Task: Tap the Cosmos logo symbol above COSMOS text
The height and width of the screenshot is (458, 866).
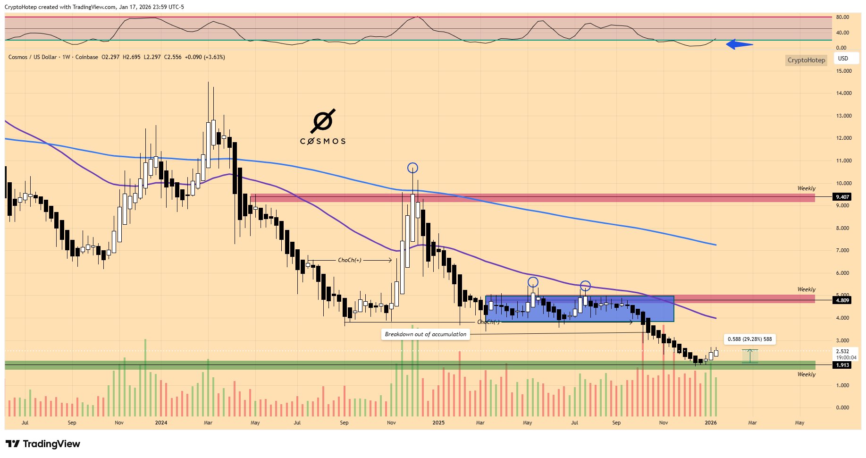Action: tap(323, 121)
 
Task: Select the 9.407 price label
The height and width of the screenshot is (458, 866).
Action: tap(842, 197)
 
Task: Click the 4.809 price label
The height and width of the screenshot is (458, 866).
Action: tap(842, 300)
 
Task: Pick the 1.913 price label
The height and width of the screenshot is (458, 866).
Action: tap(842, 365)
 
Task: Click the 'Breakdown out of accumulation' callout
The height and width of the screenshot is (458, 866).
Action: tap(425, 334)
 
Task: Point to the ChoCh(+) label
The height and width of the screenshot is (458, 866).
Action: tap(349, 260)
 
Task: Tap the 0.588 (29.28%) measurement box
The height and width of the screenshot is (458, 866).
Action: tap(749, 339)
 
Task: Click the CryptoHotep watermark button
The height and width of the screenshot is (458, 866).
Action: tap(806, 60)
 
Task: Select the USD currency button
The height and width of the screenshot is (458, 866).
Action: tap(843, 59)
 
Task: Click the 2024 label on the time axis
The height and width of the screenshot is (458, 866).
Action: tap(161, 423)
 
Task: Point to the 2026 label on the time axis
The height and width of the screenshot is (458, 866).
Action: tap(711, 423)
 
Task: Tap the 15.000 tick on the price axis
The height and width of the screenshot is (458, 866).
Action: tap(844, 71)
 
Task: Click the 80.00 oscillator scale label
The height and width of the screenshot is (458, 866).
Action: tap(842, 17)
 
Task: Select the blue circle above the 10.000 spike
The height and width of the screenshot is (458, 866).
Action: tap(412, 168)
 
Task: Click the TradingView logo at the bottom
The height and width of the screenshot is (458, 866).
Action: tap(43, 444)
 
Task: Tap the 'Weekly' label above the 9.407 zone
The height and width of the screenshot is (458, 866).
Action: tap(806, 188)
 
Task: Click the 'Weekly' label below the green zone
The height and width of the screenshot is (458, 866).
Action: tap(806, 374)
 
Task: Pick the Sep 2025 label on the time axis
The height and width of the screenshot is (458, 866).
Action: tap(616, 423)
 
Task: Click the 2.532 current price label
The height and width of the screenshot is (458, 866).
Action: tap(842, 351)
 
